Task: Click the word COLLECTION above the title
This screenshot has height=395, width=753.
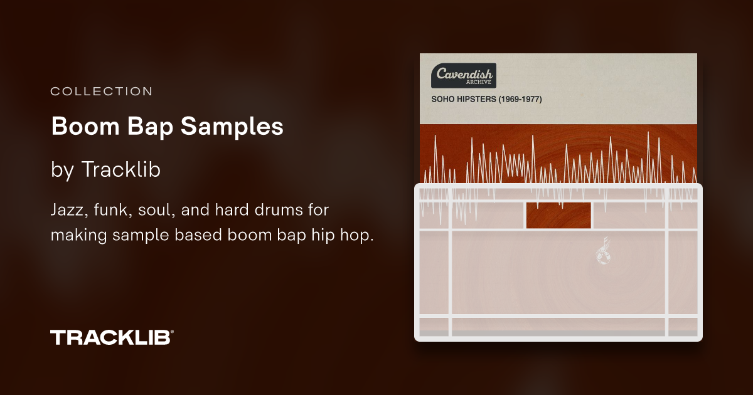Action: click(x=101, y=92)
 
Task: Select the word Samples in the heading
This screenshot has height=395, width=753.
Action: click(x=232, y=127)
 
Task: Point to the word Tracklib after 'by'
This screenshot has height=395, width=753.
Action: click(x=120, y=169)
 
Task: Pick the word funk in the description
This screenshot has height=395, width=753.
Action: click(x=110, y=210)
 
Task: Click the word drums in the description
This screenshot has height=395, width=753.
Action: click(x=276, y=210)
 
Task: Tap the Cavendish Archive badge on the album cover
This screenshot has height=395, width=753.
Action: click(x=464, y=75)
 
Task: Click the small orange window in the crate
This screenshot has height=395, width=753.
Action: click(x=558, y=216)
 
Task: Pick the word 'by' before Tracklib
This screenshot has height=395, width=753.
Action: click(x=62, y=169)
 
